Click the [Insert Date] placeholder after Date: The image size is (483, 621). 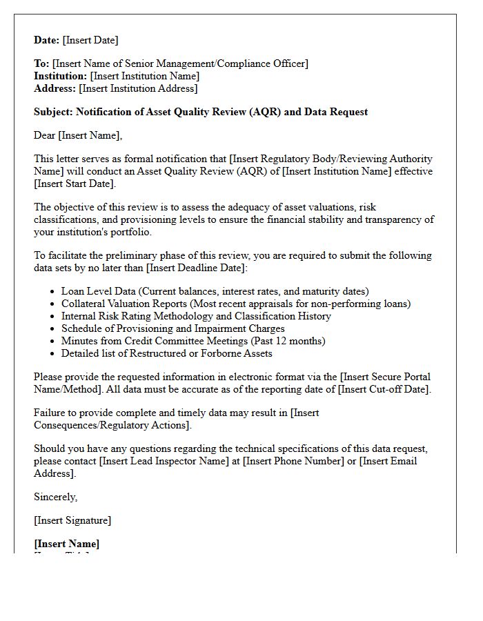pyautogui.click(x=90, y=40)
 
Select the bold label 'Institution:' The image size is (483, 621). pyautogui.click(x=61, y=76)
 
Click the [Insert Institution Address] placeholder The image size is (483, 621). pyautogui.click(x=138, y=88)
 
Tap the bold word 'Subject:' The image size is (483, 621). pyautogui.click(x=53, y=112)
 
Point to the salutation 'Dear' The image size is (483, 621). pyautogui.click(x=45, y=135)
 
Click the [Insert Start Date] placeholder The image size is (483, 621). pyautogui.click(x=75, y=184)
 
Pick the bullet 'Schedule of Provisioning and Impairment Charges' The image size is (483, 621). pyautogui.click(x=172, y=328)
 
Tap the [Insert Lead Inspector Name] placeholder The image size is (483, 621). pyautogui.click(x=168, y=461)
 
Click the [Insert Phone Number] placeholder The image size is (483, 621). pyautogui.click(x=293, y=461)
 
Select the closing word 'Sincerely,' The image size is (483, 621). pyautogui.click(x=55, y=497)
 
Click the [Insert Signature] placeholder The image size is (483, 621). pyautogui.click(x=72, y=520)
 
